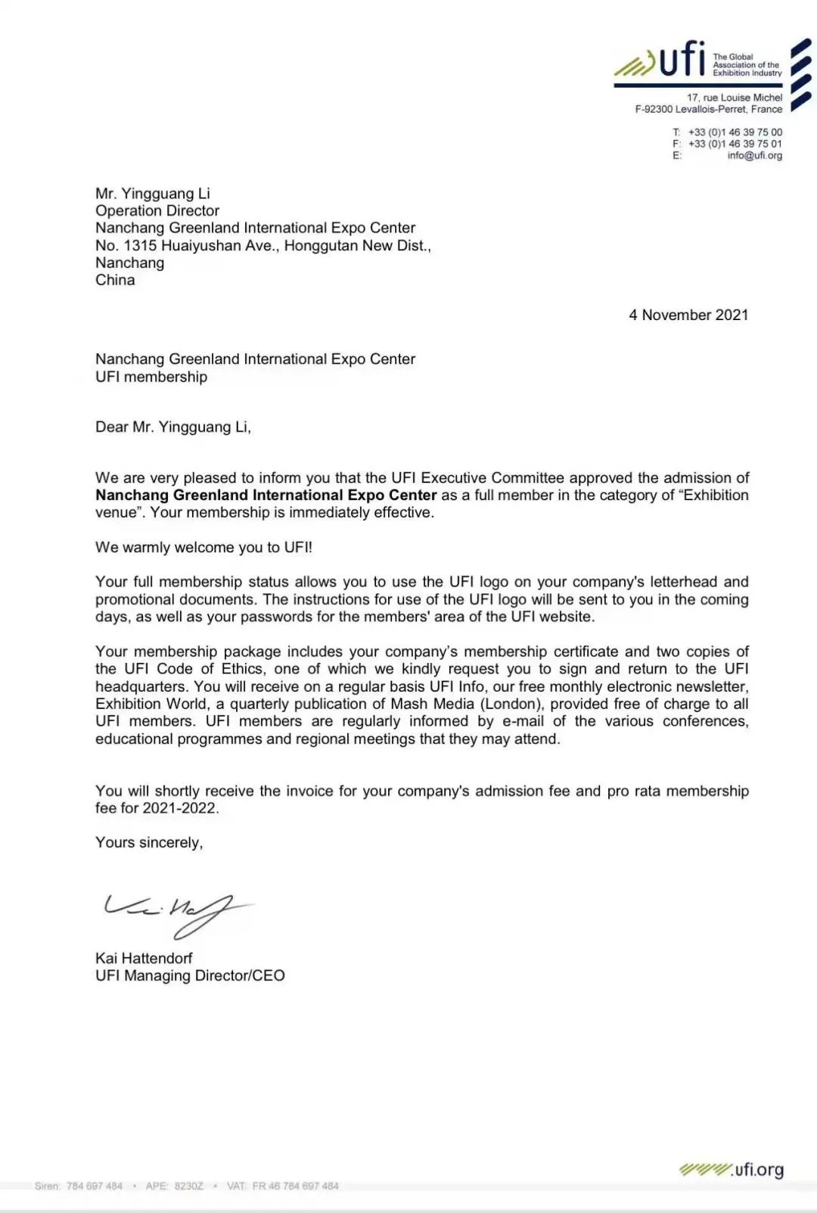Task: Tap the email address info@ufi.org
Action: coord(754,156)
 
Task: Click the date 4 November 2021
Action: coord(688,315)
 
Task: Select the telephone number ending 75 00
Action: coord(735,132)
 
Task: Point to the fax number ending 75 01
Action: coord(735,144)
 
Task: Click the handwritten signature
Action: coord(178,912)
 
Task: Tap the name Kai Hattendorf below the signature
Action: coord(144,958)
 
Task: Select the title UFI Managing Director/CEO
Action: coord(190,975)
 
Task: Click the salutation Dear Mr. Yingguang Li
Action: coord(172,427)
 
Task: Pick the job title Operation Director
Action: coord(157,210)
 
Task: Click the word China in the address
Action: coord(115,280)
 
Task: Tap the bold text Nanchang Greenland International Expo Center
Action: coord(266,495)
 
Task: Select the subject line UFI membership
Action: coord(151,377)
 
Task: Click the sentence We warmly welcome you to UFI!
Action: coord(203,547)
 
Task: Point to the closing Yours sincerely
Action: coord(149,842)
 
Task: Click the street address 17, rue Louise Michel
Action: coord(734,98)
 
